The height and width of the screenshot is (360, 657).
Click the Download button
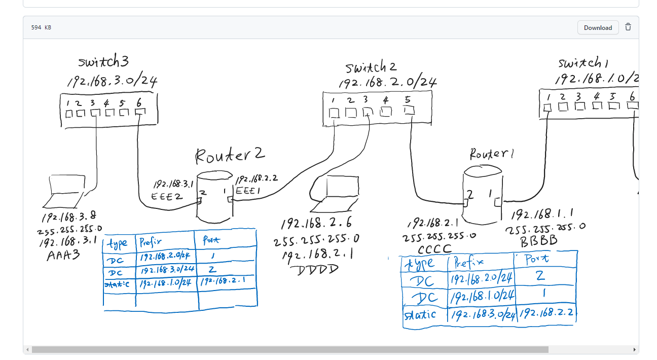point(598,27)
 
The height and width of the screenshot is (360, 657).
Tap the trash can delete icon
point(628,27)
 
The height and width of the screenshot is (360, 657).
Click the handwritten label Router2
point(230,155)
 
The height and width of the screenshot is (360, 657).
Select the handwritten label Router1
point(491,154)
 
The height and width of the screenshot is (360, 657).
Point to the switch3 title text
point(103,62)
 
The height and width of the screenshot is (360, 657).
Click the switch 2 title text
point(371,67)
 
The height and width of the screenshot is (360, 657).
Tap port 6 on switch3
point(140,112)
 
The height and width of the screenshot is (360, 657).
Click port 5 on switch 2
point(409,110)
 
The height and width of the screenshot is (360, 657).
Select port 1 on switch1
point(547,107)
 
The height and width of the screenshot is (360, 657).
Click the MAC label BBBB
point(538,241)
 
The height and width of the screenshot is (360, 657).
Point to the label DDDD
point(317,269)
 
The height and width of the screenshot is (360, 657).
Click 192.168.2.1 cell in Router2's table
point(223,280)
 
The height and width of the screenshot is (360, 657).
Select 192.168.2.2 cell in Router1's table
point(546,312)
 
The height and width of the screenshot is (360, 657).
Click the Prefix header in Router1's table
point(468,263)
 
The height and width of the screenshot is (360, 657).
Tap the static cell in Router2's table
point(117,284)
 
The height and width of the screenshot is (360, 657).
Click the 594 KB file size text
point(41,27)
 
